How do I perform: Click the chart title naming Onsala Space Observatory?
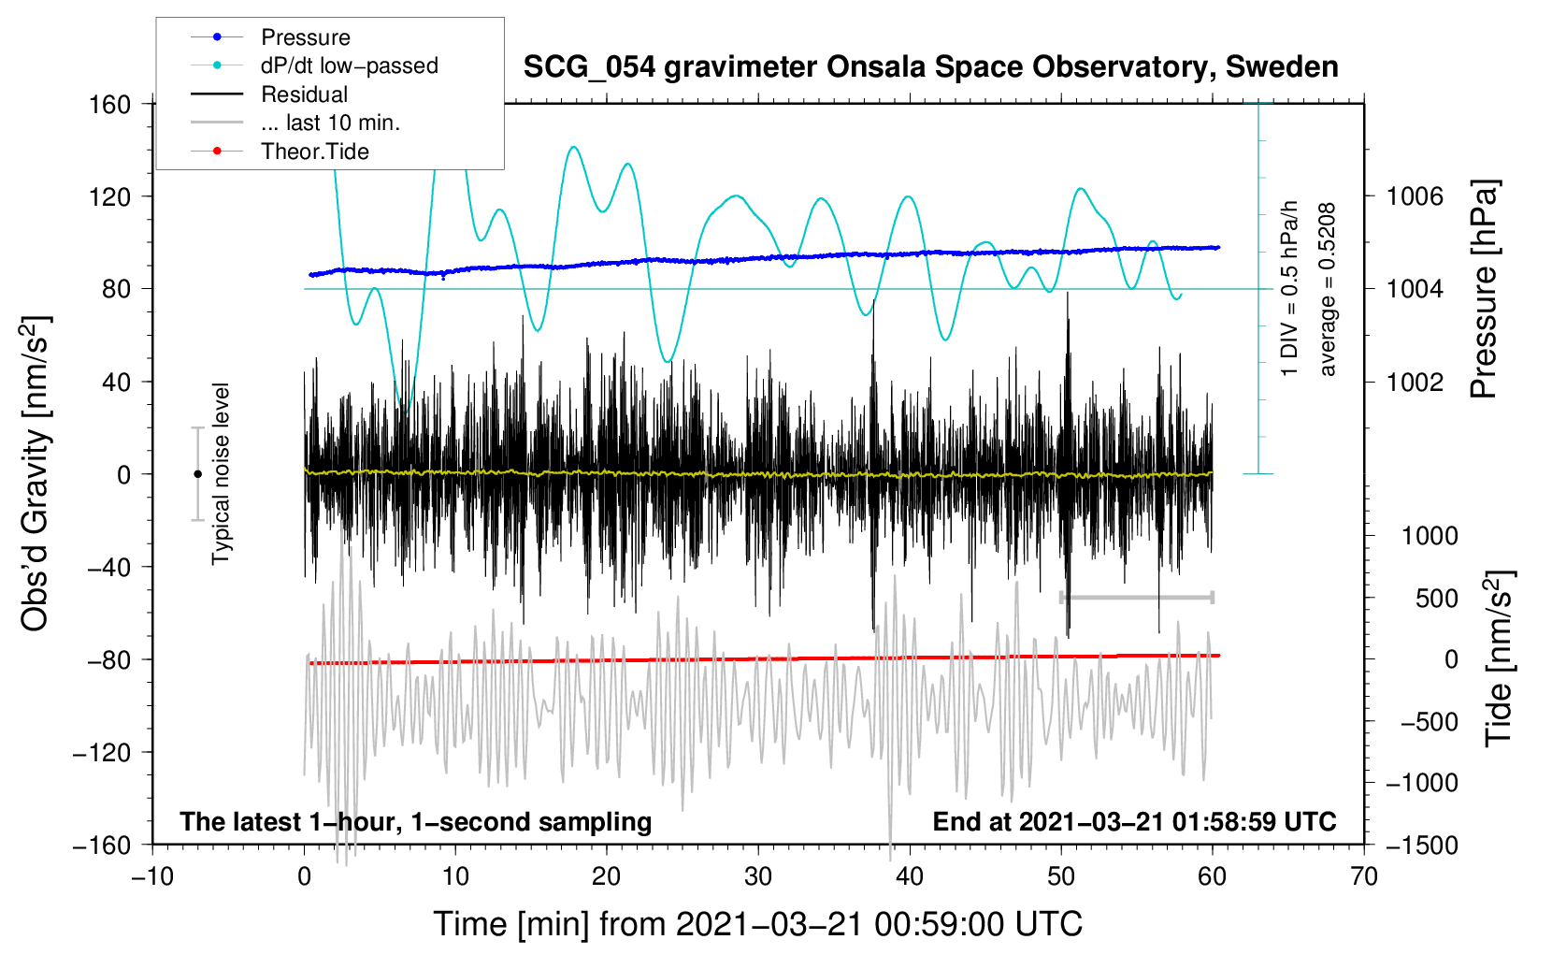point(930,67)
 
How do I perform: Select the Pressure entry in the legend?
point(305,37)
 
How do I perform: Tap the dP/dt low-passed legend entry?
point(349,65)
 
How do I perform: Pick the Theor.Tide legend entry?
point(314,152)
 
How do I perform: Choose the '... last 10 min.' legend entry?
point(330,123)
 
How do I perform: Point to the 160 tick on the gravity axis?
point(110,104)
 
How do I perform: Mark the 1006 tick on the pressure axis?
point(1415,196)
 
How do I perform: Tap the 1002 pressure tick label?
point(1415,382)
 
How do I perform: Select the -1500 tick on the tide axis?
point(1422,845)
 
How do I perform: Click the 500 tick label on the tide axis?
point(1436,598)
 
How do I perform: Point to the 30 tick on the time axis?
point(758,876)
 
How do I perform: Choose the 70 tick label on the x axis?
point(1364,876)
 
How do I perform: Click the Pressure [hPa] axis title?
point(1485,290)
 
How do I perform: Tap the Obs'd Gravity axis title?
point(36,474)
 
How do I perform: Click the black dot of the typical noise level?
point(197,474)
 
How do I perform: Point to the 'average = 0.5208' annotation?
point(1328,290)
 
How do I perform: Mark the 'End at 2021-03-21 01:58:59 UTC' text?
point(1134,822)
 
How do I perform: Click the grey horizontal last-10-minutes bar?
point(1136,598)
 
